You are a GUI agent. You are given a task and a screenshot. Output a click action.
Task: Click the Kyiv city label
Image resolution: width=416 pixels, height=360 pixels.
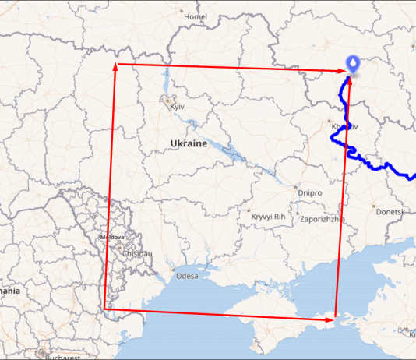[176, 107]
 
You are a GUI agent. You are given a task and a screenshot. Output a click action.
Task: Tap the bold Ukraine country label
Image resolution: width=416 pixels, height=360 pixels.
[189, 144]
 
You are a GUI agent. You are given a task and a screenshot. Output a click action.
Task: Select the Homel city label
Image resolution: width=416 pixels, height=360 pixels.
[194, 16]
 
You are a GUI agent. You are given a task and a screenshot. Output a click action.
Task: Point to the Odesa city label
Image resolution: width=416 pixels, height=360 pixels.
[188, 276]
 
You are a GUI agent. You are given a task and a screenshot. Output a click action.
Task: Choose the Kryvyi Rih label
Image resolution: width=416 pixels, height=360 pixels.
[267, 212]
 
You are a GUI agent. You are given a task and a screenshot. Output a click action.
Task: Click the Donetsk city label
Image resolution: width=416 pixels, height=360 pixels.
[390, 211]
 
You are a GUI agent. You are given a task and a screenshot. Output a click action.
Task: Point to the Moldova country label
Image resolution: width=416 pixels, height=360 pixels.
[112, 238]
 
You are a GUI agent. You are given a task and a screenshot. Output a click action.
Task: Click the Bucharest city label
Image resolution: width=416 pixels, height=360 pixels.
[63, 358]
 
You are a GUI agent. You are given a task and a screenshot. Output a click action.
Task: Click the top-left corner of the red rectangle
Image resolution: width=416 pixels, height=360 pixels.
[115, 64]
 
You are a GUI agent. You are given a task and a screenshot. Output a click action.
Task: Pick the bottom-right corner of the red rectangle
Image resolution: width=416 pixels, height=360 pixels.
[335, 318]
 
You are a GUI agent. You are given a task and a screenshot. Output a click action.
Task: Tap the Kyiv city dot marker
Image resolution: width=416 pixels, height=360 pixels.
[165, 99]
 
